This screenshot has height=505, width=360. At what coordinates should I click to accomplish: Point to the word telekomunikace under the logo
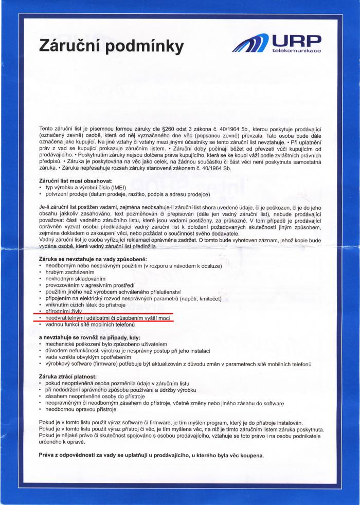(296, 51)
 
